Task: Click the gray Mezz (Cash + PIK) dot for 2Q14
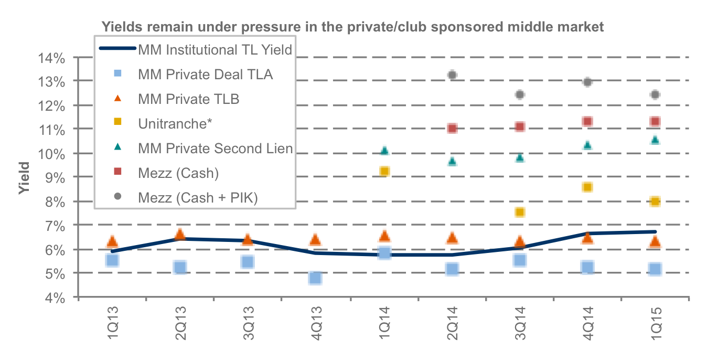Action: click(x=452, y=75)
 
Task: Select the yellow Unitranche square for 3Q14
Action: click(x=520, y=212)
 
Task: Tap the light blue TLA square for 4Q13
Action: click(x=315, y=278)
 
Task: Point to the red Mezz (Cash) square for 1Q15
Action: click(x=655, y=121)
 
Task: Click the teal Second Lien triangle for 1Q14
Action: click(x=384, y=151)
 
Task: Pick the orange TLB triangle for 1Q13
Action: click(x=112, y=241)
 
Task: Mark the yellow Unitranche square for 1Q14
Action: click(x=384, y=171)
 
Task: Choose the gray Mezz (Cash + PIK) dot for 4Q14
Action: click(x=587, y=82)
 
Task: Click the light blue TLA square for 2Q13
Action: click(x=180, y=268)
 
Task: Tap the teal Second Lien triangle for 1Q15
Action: click(x=655, y=140)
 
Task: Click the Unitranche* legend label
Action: click(x=175, y=124)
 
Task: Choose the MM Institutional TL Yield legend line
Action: click(x=117, y=48)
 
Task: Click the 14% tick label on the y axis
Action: click(x=51, y=58)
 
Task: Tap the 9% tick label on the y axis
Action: click(x=55, y=178)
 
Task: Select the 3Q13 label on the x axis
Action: click(x=249, y=323)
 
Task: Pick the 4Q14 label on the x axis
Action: click(x=588, y=323)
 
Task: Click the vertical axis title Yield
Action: click(x=24, y=178)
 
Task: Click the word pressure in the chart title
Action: click(x=271, y=27)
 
